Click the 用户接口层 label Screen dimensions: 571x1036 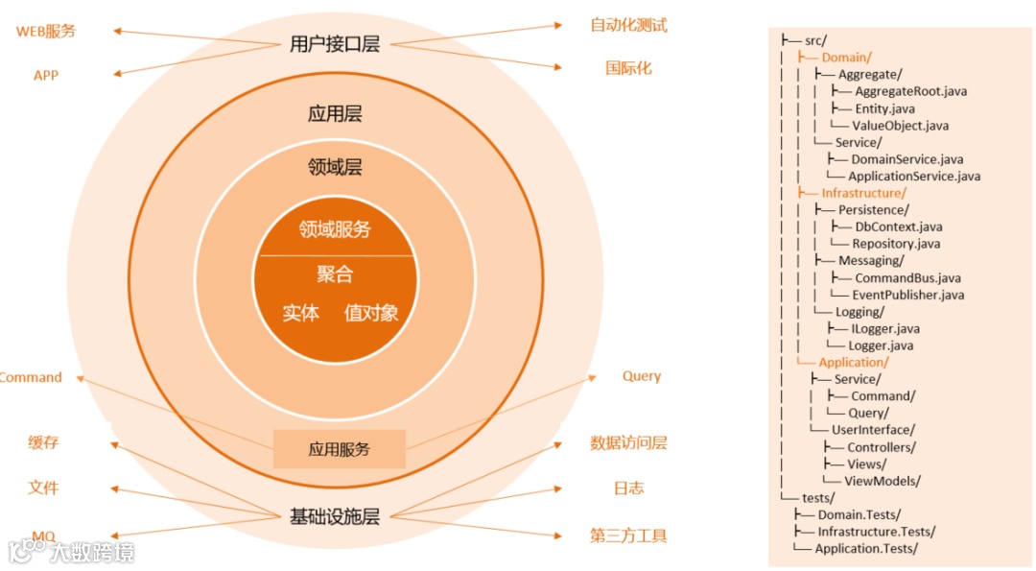[x=334, y=44]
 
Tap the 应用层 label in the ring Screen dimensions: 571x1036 [x=335, y=114]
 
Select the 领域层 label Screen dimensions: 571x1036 [x=335, y=167]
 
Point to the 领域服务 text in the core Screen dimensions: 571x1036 [x=335, y=230]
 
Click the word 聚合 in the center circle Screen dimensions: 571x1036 [x=335, y=274]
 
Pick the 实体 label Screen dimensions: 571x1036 [x=300, y=313]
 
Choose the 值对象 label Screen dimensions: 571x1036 [x=371, y=313]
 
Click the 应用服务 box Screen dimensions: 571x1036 [x=340, y=449]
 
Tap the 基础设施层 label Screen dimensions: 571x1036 [x=335, y=517]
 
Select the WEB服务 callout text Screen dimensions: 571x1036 [x=45, y=31]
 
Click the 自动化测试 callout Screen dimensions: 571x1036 [x=628, y=25]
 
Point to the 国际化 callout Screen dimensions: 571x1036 [x=628, y=68]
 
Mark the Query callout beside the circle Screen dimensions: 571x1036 [x=641, y=376]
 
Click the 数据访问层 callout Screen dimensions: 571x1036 [x=628, y=442]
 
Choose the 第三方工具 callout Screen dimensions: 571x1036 [x=628, y=535]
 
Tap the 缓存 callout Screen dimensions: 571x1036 [x=43, y=442]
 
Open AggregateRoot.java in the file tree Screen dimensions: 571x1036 [x=910, y=91]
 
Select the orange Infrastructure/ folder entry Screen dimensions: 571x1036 [x=863, y=193]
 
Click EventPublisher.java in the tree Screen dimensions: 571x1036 [x=907, y=295]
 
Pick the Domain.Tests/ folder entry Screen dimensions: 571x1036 [x=859, y=514]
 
